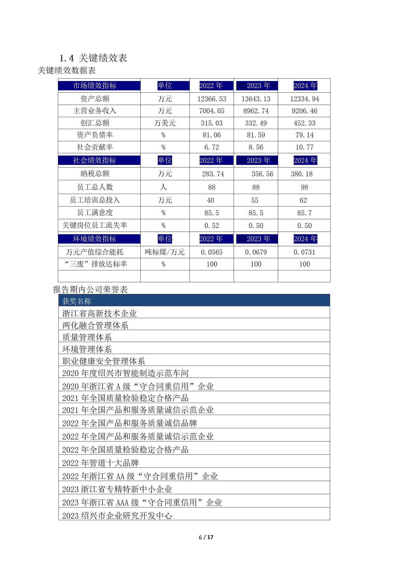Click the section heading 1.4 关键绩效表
93,58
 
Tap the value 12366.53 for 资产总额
212,99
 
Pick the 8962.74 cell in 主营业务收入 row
256,111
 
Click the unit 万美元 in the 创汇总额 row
165,123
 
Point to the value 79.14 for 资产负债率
304,135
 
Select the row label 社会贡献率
95,147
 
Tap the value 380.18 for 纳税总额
301,174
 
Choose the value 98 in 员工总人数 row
304,187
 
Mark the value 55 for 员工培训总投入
254,200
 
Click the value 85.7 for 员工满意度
304,213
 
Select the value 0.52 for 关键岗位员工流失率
212,226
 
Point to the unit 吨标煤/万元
165,252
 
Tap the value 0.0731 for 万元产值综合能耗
304,252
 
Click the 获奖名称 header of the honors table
77,301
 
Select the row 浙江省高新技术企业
99,313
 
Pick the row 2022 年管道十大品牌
100,463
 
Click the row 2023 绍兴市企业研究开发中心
117,515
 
